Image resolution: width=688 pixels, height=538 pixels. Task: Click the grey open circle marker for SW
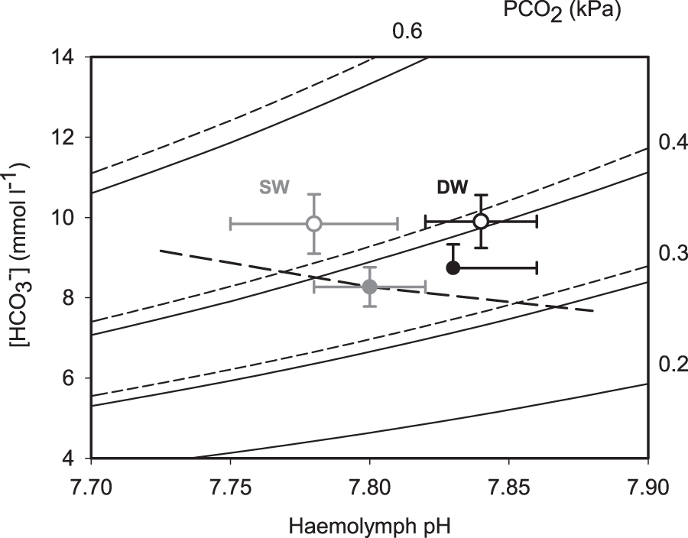(x=313, y=223)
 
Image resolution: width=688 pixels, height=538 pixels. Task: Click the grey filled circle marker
(x=369, y=287)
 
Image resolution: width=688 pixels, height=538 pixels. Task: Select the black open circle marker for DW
(x=481, y=221)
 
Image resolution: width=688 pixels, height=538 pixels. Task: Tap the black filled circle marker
(x=453, y=267)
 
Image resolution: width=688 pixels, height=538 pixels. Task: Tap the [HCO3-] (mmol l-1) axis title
(x=23, y=258)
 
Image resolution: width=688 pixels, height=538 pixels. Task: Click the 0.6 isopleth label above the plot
(x=407, y=32)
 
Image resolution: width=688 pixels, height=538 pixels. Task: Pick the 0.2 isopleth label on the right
(x=671, y=363)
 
